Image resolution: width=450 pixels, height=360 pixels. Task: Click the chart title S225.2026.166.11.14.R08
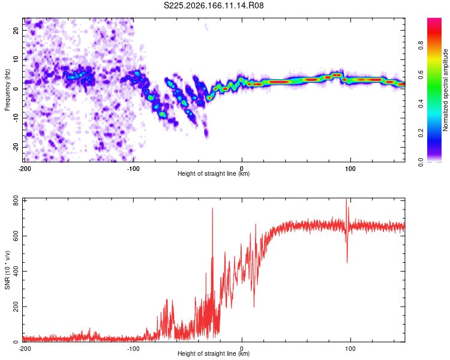(x=214, y=5)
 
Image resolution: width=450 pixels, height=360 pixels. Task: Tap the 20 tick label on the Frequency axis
(x=16, y=30)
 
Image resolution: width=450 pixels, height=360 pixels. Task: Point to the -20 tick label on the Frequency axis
(x=16, y=147)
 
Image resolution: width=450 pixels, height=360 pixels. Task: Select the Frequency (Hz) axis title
(x=7, y=90)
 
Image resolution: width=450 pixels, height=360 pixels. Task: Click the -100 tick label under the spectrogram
(x=133, y=169)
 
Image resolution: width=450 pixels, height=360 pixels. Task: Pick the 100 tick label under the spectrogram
(x=350, y=169)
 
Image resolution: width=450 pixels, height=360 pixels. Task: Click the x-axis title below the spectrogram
(x=214, y=173)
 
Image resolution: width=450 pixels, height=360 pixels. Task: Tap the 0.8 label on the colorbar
(x=421, y=46)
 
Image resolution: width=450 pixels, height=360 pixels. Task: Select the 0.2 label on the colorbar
(x=421, y=133)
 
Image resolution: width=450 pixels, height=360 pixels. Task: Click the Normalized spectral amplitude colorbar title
(x=445, y=90)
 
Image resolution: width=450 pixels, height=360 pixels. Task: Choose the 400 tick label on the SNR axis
(x=16, y=271)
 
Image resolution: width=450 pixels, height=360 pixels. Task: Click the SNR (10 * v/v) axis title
(x=7, y=270)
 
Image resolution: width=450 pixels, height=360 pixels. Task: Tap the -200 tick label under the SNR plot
(x=25, y=349)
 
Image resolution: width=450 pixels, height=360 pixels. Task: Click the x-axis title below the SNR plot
(x=214, y=353)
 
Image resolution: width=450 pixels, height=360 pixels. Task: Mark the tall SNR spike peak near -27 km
(x=212, y=208)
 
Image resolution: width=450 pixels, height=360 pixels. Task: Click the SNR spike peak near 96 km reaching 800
(x=346, y=199)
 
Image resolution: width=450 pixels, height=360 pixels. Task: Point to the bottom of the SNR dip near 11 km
(x=254, y=307)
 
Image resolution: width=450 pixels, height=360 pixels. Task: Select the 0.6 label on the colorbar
(x=421, y=74)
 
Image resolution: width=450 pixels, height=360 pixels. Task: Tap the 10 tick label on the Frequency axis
(x=16, y=59)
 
